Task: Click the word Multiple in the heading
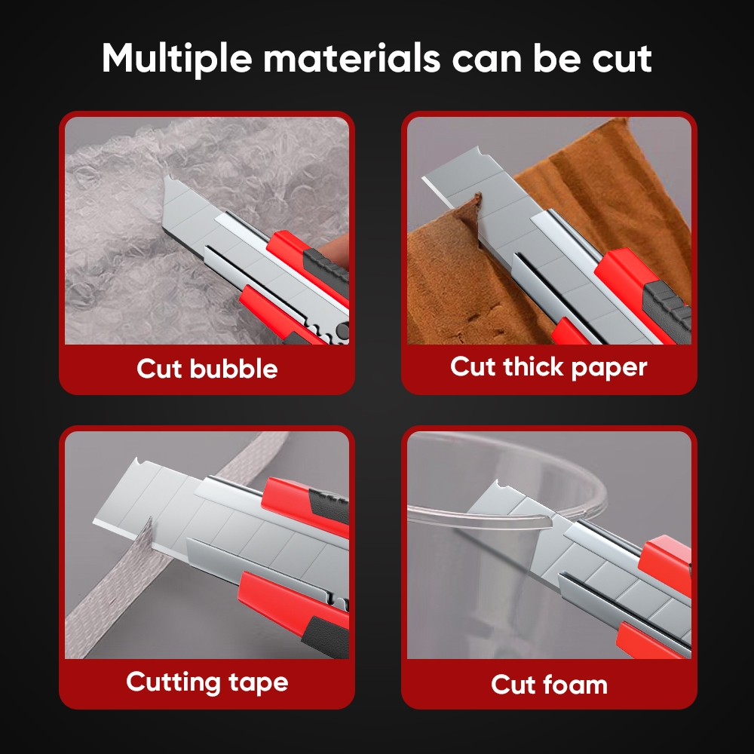[176, 58]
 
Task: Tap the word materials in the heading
[351, 58]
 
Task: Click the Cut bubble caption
[207, 369]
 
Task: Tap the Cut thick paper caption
[549, 367]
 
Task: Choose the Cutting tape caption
[207, 682]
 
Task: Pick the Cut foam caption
[549, 685]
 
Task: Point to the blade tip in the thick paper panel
[424, 179]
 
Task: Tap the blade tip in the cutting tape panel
[93, 522]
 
